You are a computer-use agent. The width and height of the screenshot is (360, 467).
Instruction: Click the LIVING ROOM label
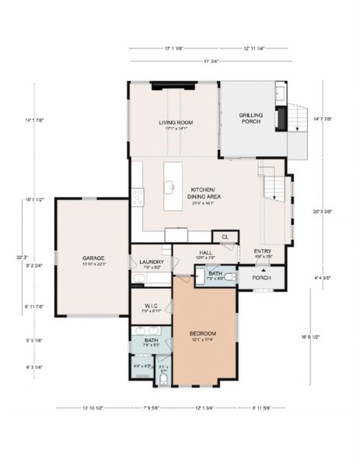point(175,122)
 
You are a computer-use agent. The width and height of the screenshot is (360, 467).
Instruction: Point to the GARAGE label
point(94,258)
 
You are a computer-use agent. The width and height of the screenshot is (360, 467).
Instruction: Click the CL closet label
point(225,236)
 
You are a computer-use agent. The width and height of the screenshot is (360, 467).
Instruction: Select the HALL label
point(206,252)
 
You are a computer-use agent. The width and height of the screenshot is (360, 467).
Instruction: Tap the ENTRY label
point(263,251)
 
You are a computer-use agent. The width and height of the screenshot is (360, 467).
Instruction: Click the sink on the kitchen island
point(169,187)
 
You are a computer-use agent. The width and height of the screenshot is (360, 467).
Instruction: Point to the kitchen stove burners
point(137,198)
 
